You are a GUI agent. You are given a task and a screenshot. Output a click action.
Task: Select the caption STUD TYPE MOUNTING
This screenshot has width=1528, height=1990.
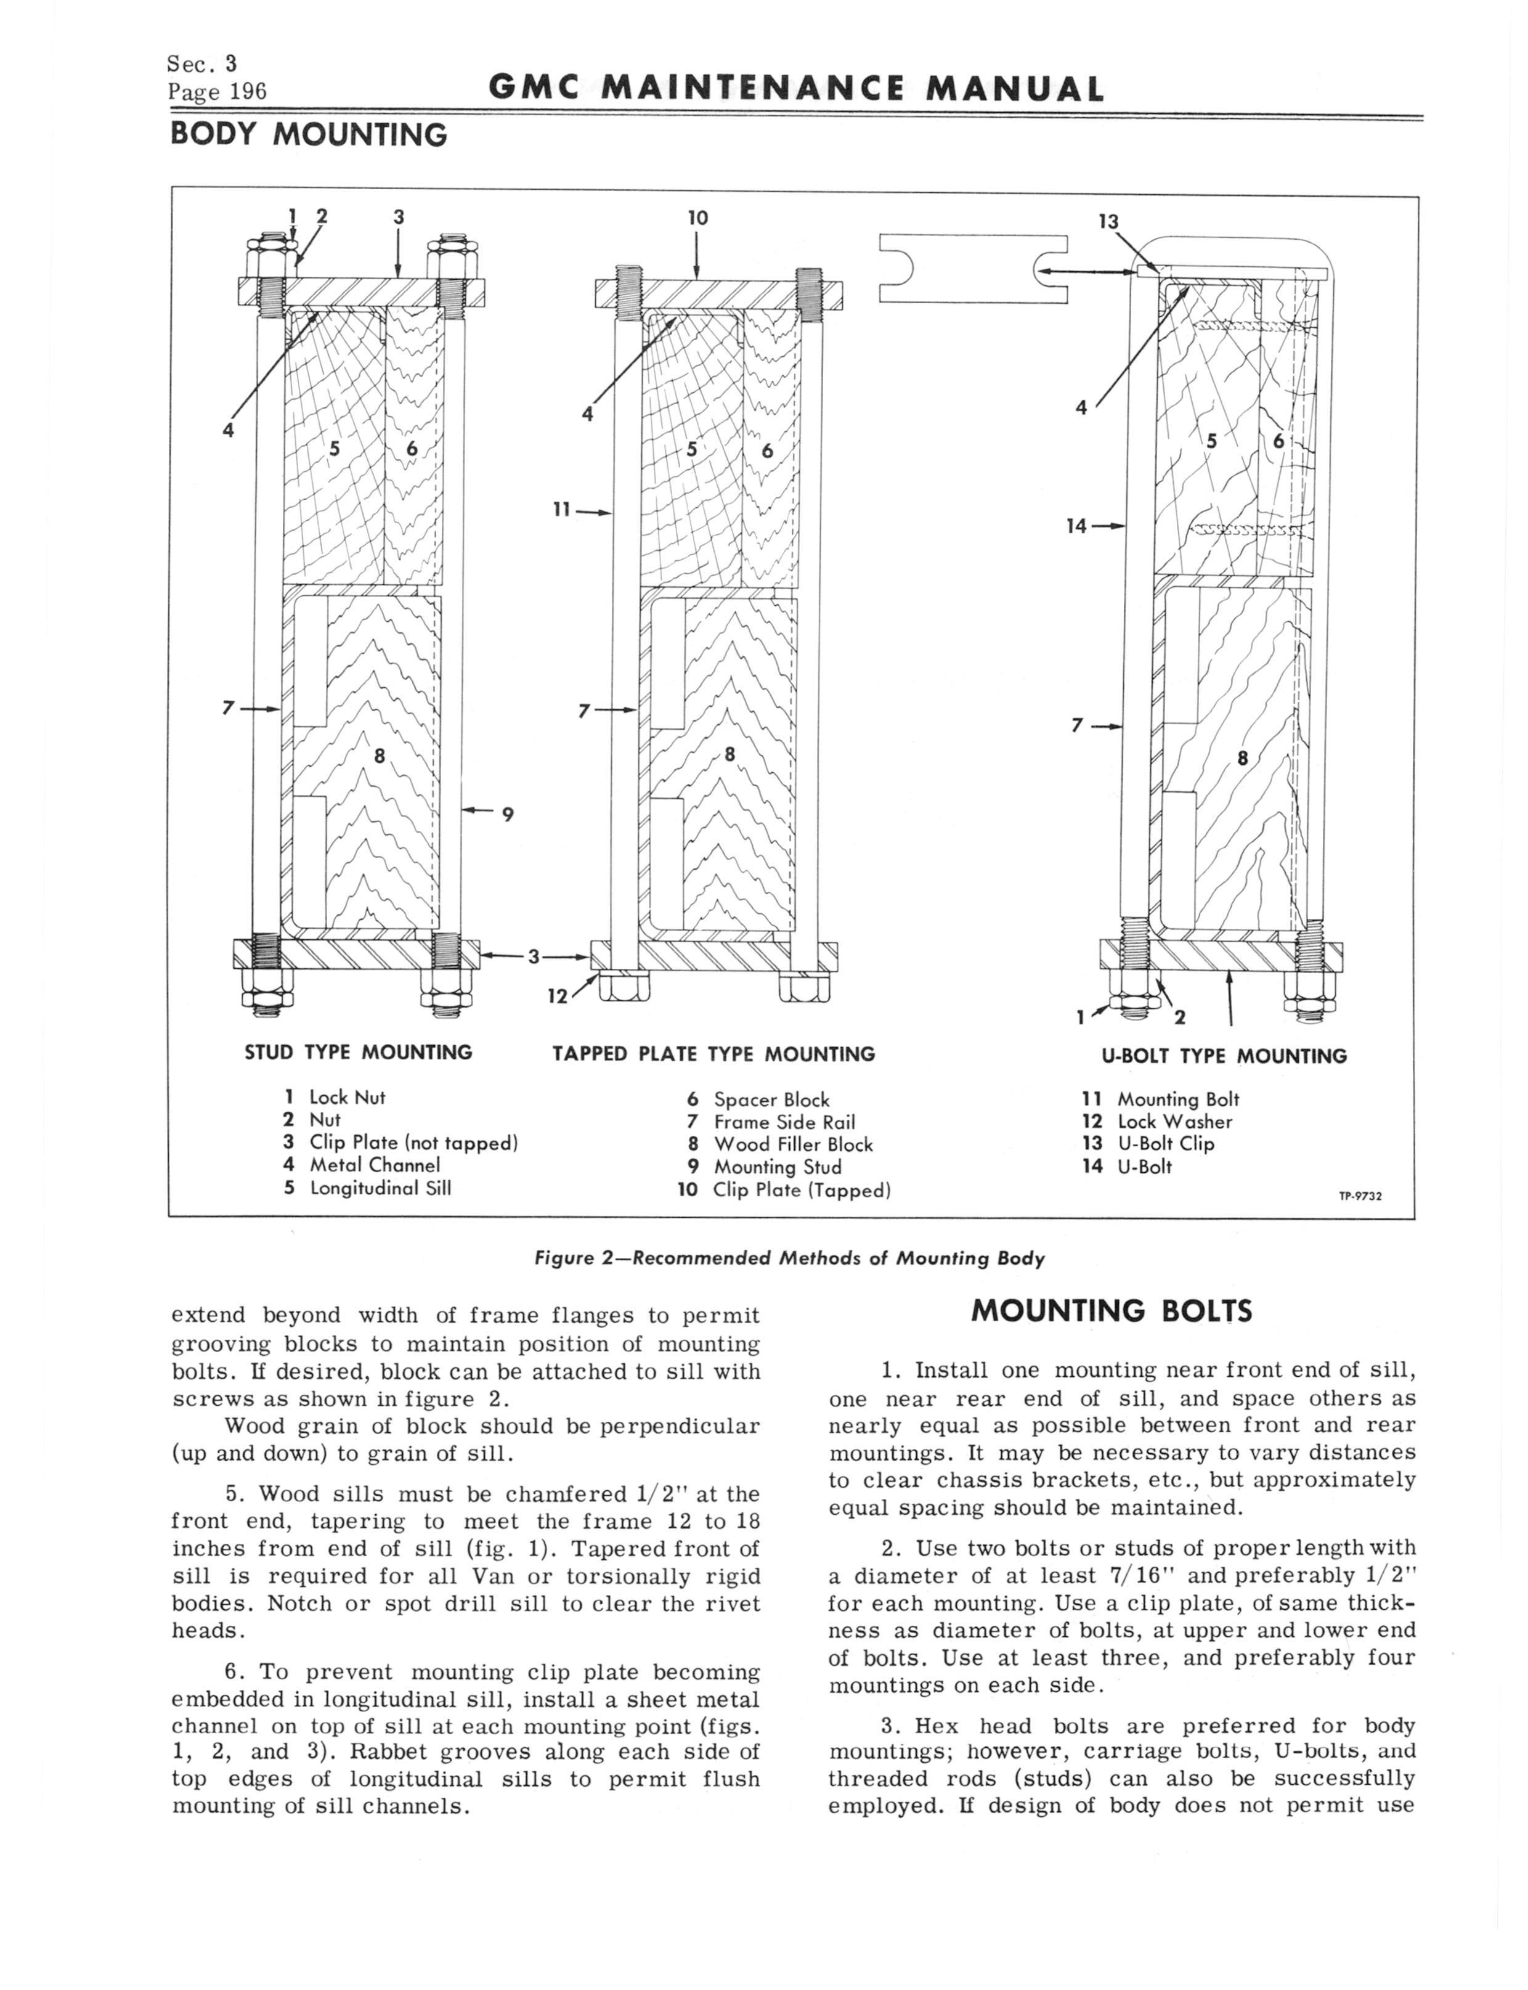pyautogui.click(x=359, y=1052)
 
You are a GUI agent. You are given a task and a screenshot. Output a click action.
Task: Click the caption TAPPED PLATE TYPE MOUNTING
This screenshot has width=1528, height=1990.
pyautogui.click(x=714, y=1054)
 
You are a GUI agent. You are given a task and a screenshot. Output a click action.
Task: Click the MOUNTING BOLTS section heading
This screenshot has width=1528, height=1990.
pyautogui.click(x=1111, y=1311)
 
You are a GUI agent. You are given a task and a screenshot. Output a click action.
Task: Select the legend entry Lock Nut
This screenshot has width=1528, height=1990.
pyautogui.click(x=346, y=1098)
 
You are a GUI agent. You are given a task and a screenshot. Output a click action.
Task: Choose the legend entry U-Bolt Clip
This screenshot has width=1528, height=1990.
pyautogui.click(x=1165, y=1143)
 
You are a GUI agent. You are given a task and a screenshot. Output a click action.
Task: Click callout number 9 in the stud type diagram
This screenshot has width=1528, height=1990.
pyautogui.click(x=508, y=815)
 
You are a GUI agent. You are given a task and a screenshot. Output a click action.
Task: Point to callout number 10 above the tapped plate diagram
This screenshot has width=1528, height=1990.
pyautogui.click(x=697, y=218)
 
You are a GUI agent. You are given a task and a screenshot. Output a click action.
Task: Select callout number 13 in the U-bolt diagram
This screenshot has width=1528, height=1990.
pyautogui.click(x=1107, y=221)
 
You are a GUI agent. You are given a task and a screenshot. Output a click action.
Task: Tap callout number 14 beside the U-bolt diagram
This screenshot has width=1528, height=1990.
pyautogui.click(x=1076, y=525)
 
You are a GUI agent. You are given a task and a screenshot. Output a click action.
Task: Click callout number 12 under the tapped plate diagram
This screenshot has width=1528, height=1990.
pyautogui.click(x=556, y=996)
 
